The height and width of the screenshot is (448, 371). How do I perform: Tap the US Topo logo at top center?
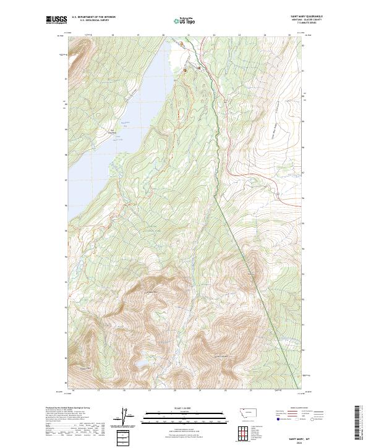[x=185, y=20]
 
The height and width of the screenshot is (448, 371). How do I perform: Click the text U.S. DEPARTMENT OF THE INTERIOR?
[x=94, y=17]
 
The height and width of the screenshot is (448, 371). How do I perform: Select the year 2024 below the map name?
[x=299, y=442]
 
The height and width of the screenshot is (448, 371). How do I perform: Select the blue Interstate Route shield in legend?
[x=278, y=420]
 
